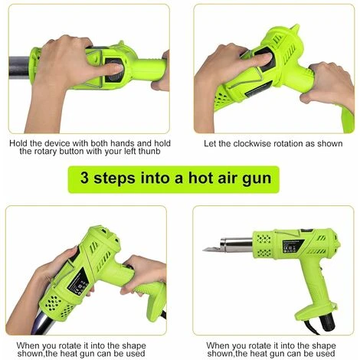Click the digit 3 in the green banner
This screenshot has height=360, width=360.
(x=84, y=178)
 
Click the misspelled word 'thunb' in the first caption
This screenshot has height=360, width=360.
(x=149, y=151)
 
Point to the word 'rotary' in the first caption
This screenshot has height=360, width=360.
(x=45, y=152)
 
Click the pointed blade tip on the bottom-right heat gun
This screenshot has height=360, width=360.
(x=204, y=250)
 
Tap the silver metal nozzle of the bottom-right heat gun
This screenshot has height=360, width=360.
(x=237, y=245)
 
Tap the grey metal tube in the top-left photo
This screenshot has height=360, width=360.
(x=19, y=67)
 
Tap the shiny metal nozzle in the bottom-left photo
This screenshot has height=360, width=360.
(x=44, y=323)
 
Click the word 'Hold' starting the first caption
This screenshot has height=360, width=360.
(x=18, y=143)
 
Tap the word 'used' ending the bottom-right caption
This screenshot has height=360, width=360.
(x=326, y=354)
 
